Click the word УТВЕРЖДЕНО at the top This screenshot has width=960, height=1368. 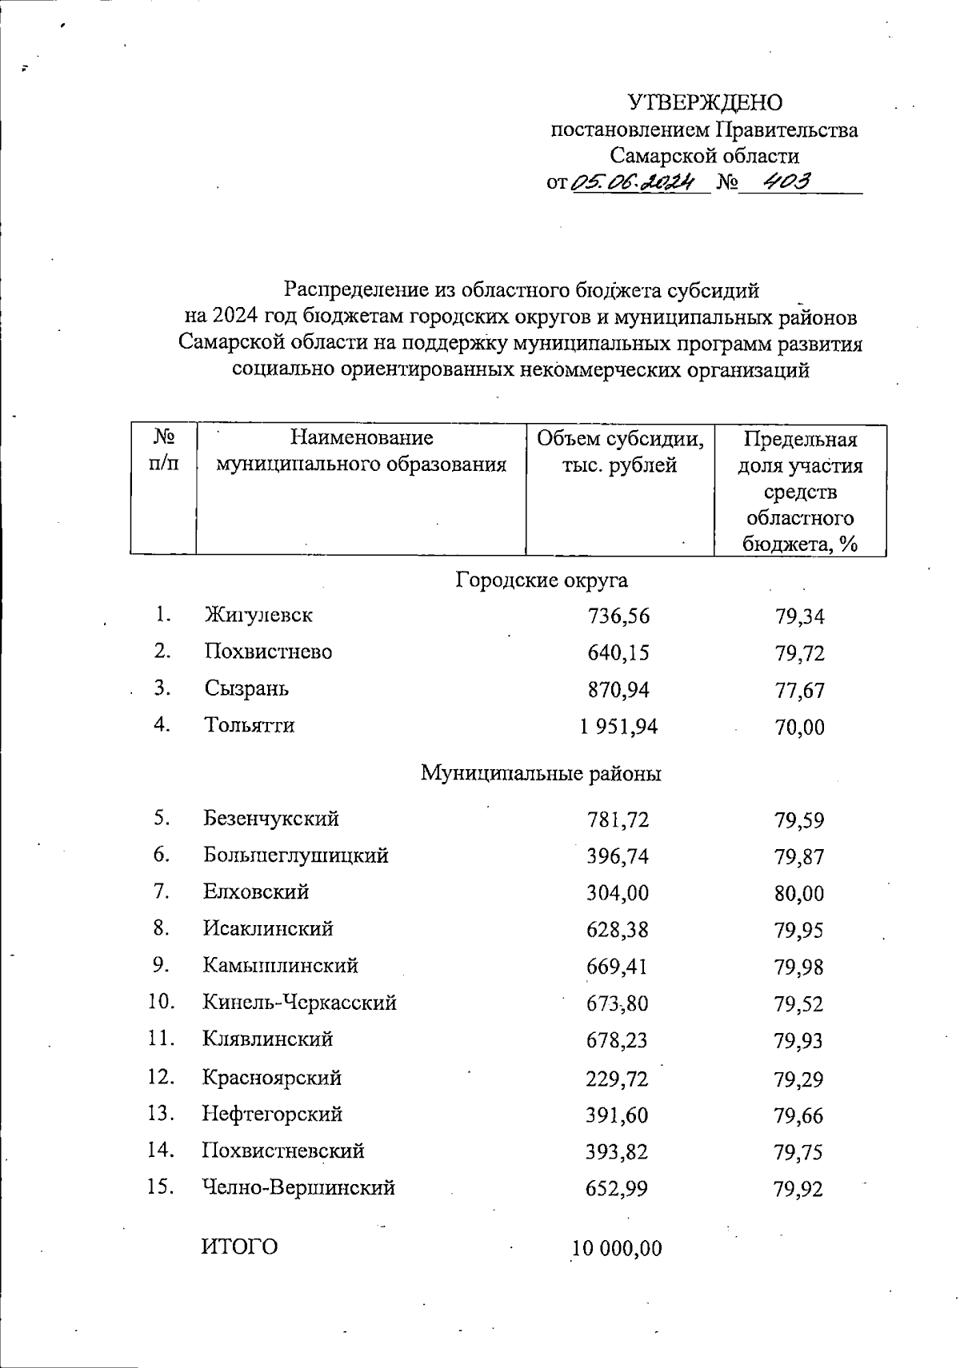click(705, 103)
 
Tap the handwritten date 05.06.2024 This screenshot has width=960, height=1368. click(641, 182)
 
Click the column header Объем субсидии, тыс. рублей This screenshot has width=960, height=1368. click(620, 452)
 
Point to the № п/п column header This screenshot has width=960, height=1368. click(163, 450)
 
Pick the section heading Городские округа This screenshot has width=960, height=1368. click(542, 580)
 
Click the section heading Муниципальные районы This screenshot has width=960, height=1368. click(541, 774)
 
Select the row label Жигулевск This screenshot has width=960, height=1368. click(258, 616)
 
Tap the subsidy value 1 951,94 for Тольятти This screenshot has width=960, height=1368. click(618, 727)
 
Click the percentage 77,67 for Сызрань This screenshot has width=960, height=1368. click(799, 691)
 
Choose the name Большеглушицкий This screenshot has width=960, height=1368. click(296, 855)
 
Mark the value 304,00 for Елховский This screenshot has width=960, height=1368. click(618, 893)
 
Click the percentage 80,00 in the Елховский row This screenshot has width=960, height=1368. click(799, 894)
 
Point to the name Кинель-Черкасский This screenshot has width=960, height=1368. click(300, 1003)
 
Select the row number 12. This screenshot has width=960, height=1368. click(161, 1077)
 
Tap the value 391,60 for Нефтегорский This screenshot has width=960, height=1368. click(618, 1115)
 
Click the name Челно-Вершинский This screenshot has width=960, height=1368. click(298, 1188)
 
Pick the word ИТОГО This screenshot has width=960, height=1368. click(240, 1246)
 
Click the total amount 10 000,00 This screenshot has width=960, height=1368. click(617, 1249)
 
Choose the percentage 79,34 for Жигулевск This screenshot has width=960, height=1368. click(799, 617)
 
